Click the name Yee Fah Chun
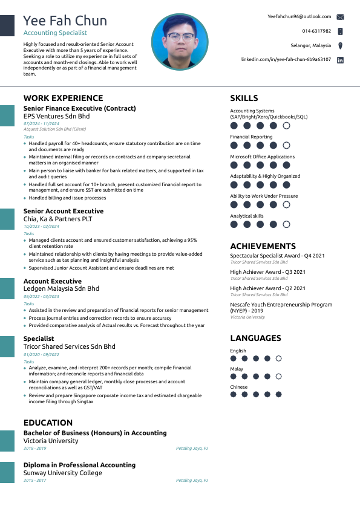click(x=65, y=21)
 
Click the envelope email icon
click(x=340, y=17)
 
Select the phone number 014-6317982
click(x=316, y=31)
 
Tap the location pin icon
click(x=340, y=45)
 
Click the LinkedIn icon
click(x=340, y=60)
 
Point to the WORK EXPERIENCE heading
click(x=63, y=98)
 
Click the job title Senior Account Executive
click(x=64, y=211)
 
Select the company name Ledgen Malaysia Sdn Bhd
click(x=61, y=289)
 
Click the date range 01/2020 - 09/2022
click(x=41, y=354)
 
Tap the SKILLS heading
click(x=244, y=98)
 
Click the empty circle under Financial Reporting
click(x=286, y=146)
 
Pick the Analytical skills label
click(x=247, y=216)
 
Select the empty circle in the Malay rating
click(x=278, y=376)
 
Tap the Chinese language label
click(x=239, y=387)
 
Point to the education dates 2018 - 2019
click(x=34, y=448)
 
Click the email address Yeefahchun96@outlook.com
click(x=299, y=16)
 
